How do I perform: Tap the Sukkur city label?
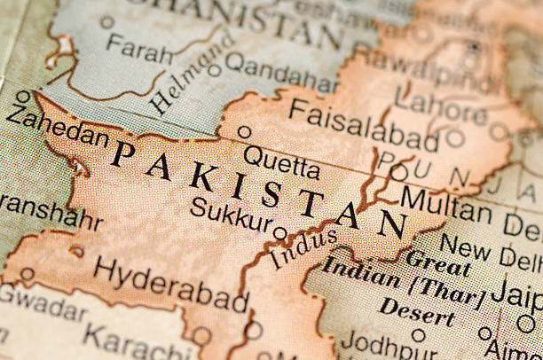pyautogui.click(x=228, y=215)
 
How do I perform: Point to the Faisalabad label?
pyautogui.click(x=363, y=127)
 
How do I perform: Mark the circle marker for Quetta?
pyautogui.click(x=244, y=132)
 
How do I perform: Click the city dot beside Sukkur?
pyautogui.click(x=279, y=232)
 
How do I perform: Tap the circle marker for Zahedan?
pyautogui.click(x=23, y=97)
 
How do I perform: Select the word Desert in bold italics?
pyautogui.click(x=417, y=311)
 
